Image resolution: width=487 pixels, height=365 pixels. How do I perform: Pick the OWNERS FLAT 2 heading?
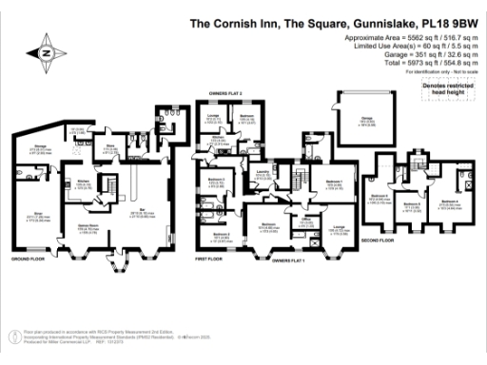(x=220, y=92)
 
